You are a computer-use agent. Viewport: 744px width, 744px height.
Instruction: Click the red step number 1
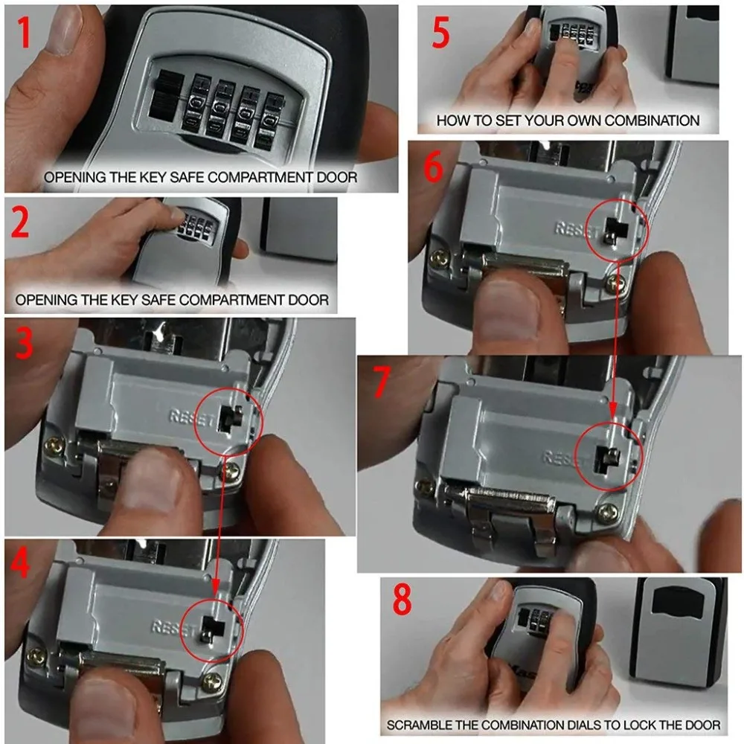[x=23, y=31]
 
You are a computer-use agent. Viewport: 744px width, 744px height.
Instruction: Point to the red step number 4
[x=20, y=563]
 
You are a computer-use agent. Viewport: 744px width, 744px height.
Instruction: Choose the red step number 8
[x=403, y=599]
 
